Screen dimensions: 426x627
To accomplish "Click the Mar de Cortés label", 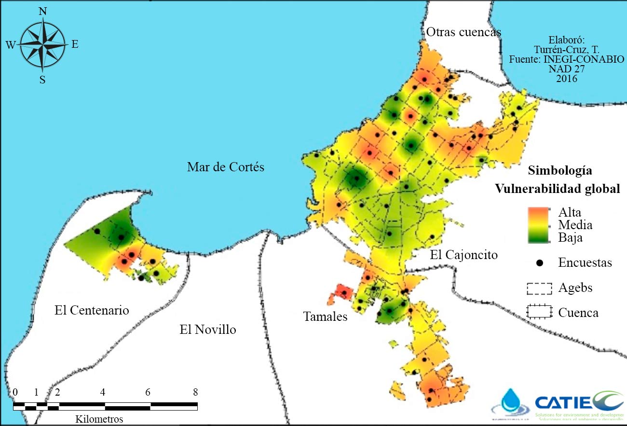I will (226, 167).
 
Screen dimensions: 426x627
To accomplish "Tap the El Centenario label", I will (92, 310).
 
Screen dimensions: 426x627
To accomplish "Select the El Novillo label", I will (208, 330).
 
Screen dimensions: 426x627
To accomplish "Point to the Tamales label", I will (325, 317).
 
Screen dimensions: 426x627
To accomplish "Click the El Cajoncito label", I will (463, 255).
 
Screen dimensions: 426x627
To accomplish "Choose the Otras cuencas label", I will (463, 32).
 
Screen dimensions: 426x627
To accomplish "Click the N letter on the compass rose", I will (42, 12).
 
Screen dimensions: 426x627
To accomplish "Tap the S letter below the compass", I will (42, 80).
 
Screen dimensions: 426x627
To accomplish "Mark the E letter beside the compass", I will (75, 44).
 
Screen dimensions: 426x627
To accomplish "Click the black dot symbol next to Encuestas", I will (540, 263).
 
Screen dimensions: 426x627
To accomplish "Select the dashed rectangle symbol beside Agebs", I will (539, 289).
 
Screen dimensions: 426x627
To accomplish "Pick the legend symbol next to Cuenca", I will (539, 312).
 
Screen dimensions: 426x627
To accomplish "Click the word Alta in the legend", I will (570, 213).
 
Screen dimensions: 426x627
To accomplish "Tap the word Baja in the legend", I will (570, 237).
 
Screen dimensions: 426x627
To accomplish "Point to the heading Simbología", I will (560, 170).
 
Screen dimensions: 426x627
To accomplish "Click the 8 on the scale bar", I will (195, 392).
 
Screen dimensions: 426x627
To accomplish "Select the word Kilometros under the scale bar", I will (99, 419).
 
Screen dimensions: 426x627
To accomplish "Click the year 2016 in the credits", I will (566, 78).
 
